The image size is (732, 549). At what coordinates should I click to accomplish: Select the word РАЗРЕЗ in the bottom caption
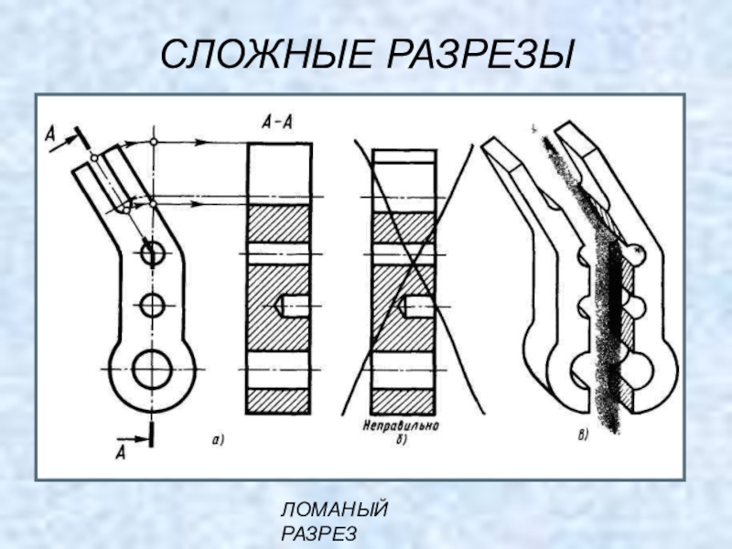pos(318,533)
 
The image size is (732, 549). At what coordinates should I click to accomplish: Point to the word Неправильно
pos(401,426)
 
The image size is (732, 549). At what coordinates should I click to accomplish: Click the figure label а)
pos(218,441)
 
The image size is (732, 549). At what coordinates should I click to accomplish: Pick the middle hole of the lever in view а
pos(152,301)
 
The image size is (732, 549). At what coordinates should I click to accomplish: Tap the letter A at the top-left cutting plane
pos(51,135)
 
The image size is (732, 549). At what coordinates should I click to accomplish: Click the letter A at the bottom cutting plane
pos(120,451)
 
